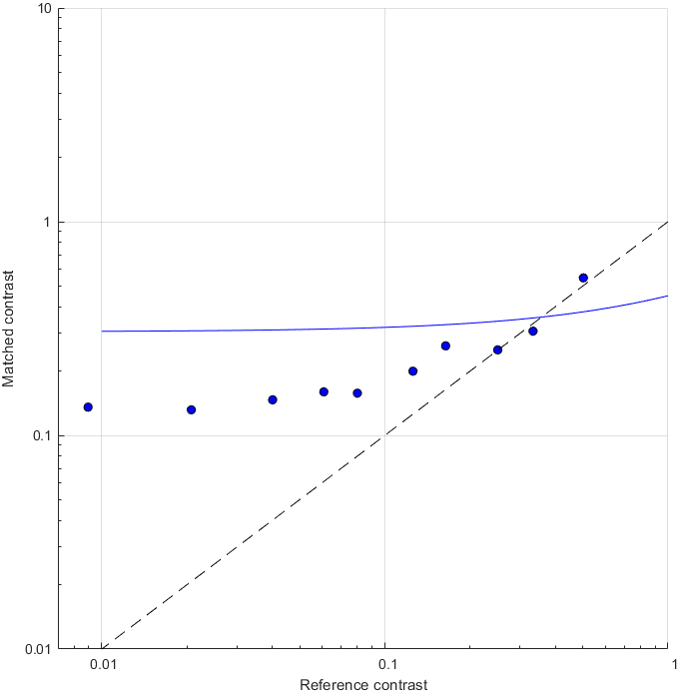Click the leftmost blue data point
click(88, 407)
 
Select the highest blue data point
click(583, 278)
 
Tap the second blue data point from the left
click(192, 409)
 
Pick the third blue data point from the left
click(273, 399)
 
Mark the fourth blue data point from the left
click(324, 391)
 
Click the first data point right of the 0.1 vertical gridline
click(412, 371)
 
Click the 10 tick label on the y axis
click(45, 9)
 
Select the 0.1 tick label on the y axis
click(42, 435)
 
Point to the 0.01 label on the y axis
click(38, 649)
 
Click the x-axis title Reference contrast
click(363, 684)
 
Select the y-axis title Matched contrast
click(9, 329)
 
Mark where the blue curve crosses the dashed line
click(539, 317)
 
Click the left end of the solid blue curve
click(102, 331)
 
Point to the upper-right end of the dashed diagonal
click(668, 222)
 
